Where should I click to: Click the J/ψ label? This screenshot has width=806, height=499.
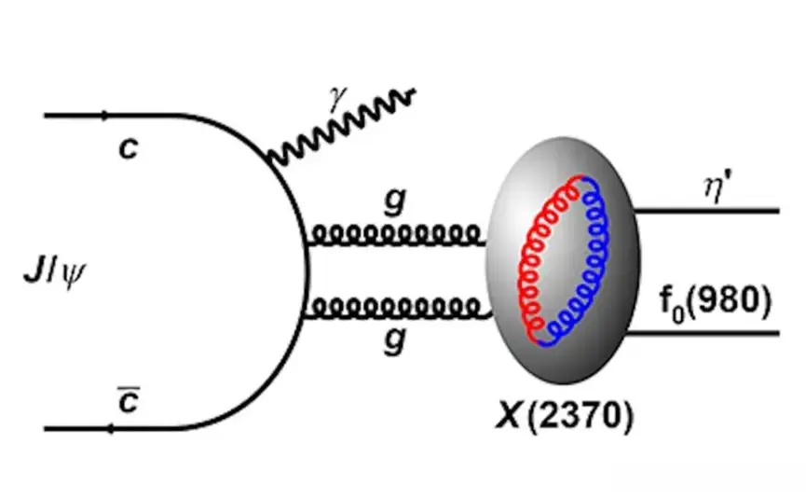(x=55, y=273)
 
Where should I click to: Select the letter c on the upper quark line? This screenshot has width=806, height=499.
(x=128, y=149)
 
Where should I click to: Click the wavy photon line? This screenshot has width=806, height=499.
(x=342, y=128)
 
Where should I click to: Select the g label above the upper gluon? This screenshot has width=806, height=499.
(x=395, y=201)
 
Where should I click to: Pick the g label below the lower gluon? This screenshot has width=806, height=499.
(x=395, y=340)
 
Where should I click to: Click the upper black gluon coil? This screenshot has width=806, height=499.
(x=396, y=236)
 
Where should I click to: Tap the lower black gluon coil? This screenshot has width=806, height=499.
(x=397, y=308)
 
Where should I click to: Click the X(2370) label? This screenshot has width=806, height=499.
(x=564, y=416)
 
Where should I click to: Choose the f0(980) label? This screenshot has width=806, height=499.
(x=716, y=303)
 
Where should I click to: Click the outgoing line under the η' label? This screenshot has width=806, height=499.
(x=707, y=211)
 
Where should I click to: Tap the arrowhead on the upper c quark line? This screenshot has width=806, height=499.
(x=105, y=116)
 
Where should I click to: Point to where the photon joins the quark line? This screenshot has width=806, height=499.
(x=271, y=159)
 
